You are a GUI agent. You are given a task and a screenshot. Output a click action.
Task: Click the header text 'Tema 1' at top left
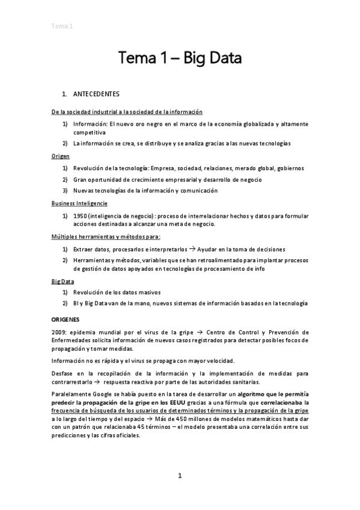[x=61, y=26]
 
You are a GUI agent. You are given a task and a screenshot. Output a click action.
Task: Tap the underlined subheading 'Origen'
[x=61, y=156]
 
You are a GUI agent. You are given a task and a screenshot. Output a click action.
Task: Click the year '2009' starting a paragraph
[x=60, y=332]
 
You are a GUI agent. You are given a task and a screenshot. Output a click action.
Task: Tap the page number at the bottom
[x=180, y=476]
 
